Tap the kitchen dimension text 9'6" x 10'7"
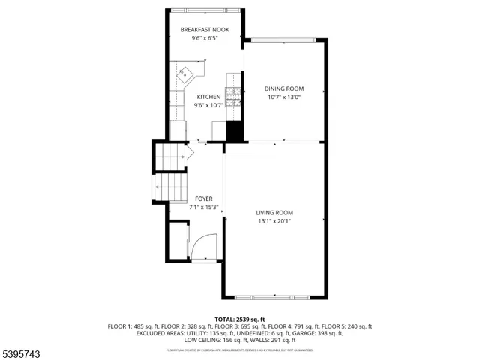pos(208,106)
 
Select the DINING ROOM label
pos(284,88)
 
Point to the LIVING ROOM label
pos(274,212)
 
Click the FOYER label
pos(203,199)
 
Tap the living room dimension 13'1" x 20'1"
pos(274,221)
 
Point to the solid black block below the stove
pos(235,130)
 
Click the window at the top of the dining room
pos(284,40)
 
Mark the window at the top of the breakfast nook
pos(205,11)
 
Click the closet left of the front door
pos(178,241)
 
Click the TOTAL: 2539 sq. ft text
pos(239,319)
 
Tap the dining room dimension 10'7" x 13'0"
pos(284,97)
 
